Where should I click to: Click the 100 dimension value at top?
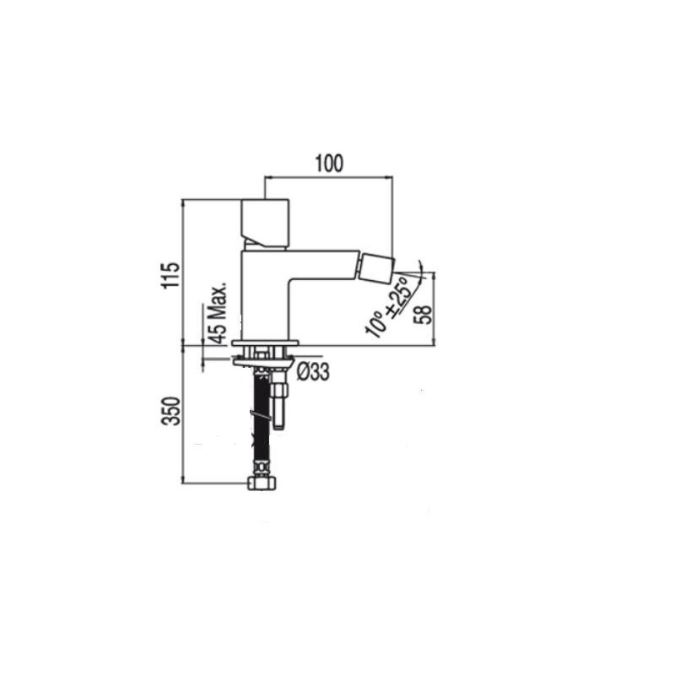point(330,163)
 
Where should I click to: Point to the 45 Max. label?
point(219,313)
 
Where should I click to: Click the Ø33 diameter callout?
point(313,372)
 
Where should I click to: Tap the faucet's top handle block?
point(265,224)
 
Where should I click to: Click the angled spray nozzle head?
point(377,267)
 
